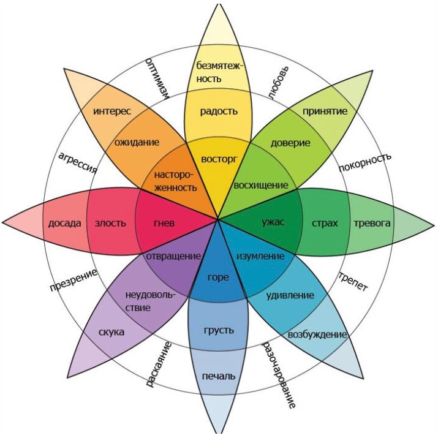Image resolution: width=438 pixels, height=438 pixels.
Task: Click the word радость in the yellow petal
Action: pos(219,112)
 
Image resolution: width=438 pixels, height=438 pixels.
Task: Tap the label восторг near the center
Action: pos(219,159)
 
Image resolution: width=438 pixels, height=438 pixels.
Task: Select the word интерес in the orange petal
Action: pos(112,111)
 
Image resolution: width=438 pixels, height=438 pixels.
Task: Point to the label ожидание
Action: pos(137,143)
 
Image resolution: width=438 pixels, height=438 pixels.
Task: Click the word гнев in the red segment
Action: pos(164,223)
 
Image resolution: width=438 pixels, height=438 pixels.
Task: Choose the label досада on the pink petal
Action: pos(64,224)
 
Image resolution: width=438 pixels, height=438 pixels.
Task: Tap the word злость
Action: pos(110,223)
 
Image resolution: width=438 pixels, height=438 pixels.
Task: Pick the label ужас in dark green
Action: pos(273,222)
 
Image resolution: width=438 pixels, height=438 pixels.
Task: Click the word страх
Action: pos(325,224)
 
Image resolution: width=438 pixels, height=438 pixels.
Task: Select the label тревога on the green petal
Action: pos(372,223)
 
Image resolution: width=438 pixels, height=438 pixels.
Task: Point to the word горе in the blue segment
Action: pos(218,278)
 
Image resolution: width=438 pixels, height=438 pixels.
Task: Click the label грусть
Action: pos(219,331)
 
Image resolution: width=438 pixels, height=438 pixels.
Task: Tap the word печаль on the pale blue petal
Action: pos(219,376)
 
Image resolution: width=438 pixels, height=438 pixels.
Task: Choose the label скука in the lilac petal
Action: pos(111,333)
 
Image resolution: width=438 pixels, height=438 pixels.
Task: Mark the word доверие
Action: pos(290,143)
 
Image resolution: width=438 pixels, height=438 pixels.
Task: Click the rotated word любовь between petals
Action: pos(278,83)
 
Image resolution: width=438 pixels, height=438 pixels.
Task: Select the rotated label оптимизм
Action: pos(158,78)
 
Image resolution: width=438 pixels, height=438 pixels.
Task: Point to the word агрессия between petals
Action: pos(78,163)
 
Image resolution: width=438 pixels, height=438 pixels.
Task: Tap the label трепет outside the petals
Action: pos(353,281)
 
